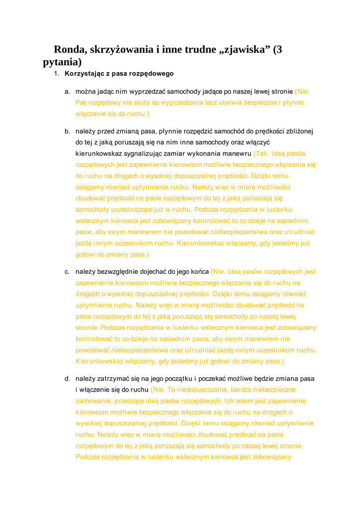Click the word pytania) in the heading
(x=62, y=63)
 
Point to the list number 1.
(x=57, y=74)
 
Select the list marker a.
(x=67, y=92)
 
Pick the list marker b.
(x=67, y=132)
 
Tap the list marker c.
(x=67, y=272)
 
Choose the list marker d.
(x=67, y=379)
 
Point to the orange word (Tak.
(x=262, y=154)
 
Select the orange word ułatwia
(x=230, y=103)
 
